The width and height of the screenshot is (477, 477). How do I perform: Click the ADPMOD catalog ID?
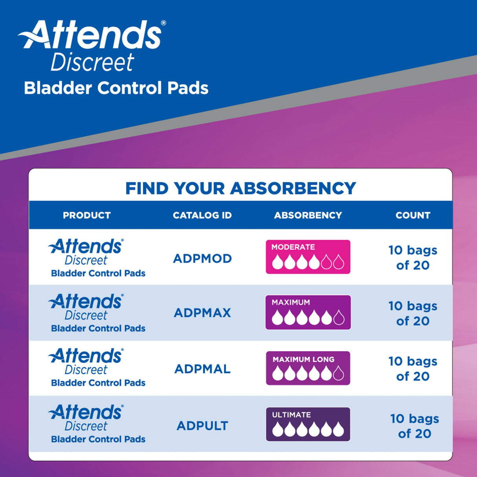[202, 259]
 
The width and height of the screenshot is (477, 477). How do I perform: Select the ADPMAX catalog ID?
[202, 313]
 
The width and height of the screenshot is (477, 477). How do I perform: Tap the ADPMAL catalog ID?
[202, 369]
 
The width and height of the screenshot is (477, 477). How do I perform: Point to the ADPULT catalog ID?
[202, 426]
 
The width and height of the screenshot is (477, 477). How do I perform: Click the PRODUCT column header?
[87, 215]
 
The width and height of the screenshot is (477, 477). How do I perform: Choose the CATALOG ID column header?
[202, 215]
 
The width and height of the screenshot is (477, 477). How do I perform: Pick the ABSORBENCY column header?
[308, 215]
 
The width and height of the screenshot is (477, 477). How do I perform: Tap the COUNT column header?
[413, 215]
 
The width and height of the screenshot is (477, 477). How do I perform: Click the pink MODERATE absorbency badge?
[308, 257]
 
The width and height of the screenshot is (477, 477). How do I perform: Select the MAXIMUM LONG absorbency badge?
[308, 368]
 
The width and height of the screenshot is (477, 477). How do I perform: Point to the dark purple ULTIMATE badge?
[308, 424]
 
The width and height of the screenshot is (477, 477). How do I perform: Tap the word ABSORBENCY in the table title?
[293, 189]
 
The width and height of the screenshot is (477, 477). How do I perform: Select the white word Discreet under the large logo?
[93, 62]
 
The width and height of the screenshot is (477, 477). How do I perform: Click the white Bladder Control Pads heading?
[116, 88]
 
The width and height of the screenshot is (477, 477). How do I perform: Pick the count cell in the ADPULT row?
[415, 426]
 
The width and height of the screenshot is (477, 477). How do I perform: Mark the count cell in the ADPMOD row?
[413, 258]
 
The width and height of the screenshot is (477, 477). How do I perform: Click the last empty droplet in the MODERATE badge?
[339, 262]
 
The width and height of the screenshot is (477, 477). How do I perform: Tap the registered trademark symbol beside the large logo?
[163, 23]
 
